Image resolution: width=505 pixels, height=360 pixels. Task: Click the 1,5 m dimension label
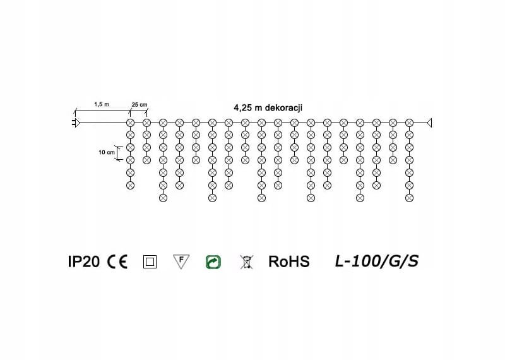point(102,104)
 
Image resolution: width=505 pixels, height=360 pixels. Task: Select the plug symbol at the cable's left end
point(74,122)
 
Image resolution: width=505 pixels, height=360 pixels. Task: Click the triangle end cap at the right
point(431,122)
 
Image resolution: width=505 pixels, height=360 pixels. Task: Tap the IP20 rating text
point(83,261)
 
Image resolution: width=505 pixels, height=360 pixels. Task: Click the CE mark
point(117,261)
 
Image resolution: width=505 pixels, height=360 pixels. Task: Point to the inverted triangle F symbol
point(181,261)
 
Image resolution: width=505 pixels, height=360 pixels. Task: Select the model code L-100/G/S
point(377,261)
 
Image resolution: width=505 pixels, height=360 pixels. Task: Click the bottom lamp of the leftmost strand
point(131,185)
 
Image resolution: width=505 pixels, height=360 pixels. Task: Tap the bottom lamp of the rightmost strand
point(409,198)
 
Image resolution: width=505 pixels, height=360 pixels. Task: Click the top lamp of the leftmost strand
point(131,122)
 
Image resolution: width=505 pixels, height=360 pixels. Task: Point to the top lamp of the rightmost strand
point(409,122)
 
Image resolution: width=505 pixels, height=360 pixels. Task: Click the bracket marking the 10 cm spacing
point(118,153)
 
